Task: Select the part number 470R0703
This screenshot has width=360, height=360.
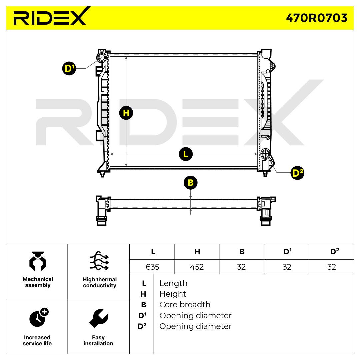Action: click(x=316, y=18)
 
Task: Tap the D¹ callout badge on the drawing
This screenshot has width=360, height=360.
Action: click(x=69, y=69)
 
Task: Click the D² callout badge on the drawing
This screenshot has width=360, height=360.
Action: click(x=297, y=173)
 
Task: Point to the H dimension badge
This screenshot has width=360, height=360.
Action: click(x=126, y=113)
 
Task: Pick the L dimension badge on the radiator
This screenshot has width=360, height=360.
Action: click(x=186, y=154)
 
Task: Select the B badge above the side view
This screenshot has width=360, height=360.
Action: click(x=190, y=183)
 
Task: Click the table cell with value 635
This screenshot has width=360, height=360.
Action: click(x=152, y=267)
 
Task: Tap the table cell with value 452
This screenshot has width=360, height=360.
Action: click(x=197, y=267)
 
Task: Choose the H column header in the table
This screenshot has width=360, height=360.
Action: click(x=197, y=252)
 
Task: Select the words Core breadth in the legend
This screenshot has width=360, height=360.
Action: click(x=185, y=305)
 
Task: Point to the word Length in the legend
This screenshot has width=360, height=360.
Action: click(x=173, y=283)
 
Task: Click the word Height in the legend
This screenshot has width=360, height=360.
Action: click(x=173, y=294)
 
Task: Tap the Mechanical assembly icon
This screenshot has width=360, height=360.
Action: click(x=38, y=262)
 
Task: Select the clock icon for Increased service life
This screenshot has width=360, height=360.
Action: click(x=38, y=317)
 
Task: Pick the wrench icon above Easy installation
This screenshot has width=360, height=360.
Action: click(x=98, y=318)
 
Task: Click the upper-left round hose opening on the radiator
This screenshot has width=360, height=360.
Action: click(x=101, y=57)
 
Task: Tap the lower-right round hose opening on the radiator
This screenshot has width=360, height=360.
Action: click(x=266, y=154)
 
